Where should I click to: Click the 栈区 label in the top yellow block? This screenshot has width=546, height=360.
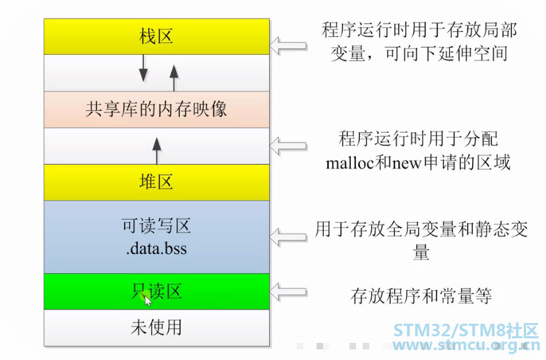click(156, 36)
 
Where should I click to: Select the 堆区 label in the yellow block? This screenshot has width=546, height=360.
click(156, 182)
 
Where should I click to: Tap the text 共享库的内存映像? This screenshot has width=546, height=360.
click(156, 109)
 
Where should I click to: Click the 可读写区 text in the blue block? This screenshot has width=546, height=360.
click(156, 225)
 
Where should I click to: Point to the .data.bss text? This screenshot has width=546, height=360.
click(156, 249)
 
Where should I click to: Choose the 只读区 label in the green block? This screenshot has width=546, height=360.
click(156, 291)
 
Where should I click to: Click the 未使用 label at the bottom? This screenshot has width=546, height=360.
click(156, 327)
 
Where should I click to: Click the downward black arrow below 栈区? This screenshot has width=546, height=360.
click(143, 68)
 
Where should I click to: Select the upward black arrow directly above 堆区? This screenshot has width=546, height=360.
click(157, 151)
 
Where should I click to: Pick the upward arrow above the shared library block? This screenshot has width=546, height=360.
click(174, 78)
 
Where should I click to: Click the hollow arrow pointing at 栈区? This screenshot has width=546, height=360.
click(289, 46)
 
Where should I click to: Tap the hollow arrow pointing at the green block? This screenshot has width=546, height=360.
click(289, 292)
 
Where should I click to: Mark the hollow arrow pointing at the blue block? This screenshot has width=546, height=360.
click(289, 237)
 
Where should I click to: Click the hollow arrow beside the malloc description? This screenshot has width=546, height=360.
click(289, 146)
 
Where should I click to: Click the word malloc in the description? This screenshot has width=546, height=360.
click(349, 163)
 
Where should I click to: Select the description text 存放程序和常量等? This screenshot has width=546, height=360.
click(421, 296)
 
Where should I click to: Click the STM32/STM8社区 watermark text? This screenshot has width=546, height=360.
click(466, 331)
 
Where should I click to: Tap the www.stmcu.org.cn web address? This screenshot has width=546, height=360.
click(467, 345)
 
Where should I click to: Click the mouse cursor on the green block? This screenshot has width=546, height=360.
click(148, 301)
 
